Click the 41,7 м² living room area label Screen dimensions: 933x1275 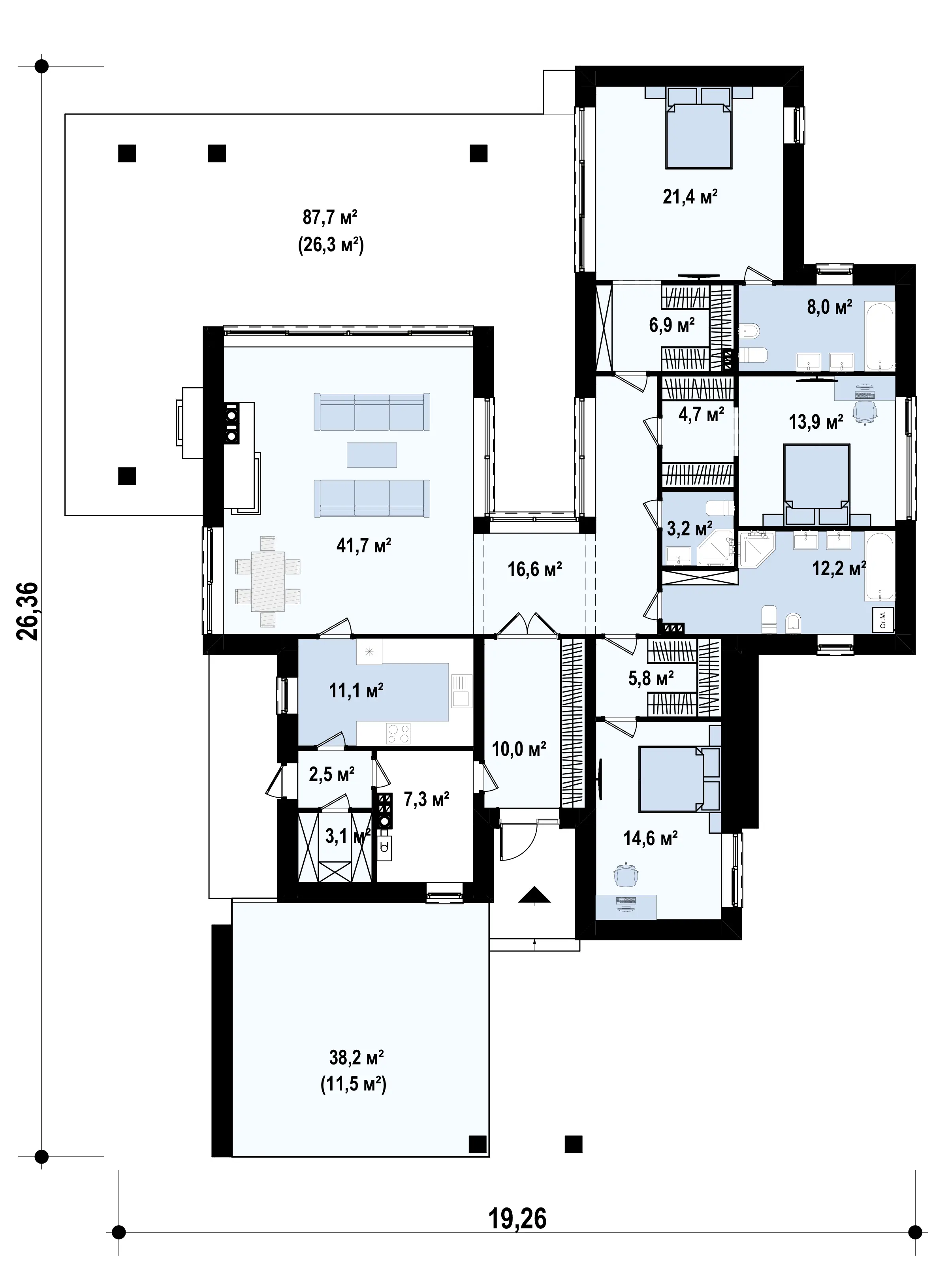coord(364,545)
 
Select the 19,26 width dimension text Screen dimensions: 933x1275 coord(517,1219)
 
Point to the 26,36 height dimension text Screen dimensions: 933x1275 coord(28,611)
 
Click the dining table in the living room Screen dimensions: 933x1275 coord(268,581)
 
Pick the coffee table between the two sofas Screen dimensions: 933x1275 coord(372,455)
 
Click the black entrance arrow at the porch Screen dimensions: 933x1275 coord(534,895)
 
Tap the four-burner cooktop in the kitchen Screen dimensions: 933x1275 coord(398,734)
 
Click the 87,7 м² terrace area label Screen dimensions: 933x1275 coord(330,217)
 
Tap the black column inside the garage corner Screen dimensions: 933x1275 coord(478,1144)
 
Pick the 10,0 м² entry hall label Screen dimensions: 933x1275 coord(519,749)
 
